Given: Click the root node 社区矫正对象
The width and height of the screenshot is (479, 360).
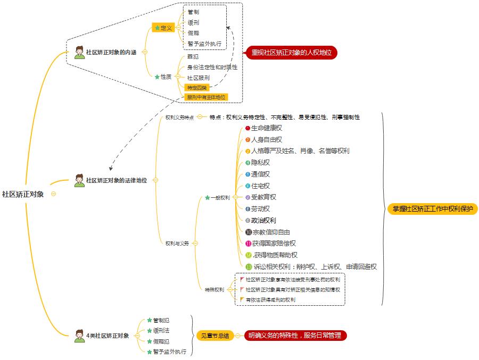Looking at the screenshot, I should pos(23,194).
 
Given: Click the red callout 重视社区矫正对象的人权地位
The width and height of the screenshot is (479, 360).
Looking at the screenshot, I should pos(291,53).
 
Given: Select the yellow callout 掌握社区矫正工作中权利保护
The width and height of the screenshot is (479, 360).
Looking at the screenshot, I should pos(432,209).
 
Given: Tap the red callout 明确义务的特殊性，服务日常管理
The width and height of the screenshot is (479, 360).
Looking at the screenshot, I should pos(295,336).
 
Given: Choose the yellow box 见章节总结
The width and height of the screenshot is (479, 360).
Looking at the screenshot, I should pos(214,336).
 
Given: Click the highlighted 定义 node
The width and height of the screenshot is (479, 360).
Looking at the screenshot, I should pos(163,28).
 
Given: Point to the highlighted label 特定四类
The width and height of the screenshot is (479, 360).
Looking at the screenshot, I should pos(196,87).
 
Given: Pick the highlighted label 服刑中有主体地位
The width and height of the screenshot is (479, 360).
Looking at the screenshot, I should pos(206,97).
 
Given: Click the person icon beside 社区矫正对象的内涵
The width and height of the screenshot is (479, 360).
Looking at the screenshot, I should pos(79,52).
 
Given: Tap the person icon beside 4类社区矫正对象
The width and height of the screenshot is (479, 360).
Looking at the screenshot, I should pos(79,336).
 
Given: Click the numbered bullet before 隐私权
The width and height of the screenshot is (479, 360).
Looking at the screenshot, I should pos(247,163).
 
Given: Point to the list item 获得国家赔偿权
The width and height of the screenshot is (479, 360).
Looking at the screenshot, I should pos(274,244).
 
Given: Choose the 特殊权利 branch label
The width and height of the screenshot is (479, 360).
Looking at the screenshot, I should pos(214,290).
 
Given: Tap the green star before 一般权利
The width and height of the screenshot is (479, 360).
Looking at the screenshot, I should pos(208,198).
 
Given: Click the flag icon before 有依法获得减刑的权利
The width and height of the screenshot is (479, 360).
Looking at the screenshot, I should pos(243,299).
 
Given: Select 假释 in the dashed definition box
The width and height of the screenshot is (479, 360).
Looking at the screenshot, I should pos(193,33).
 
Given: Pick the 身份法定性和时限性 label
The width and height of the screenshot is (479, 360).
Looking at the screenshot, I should pos(212,67).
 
